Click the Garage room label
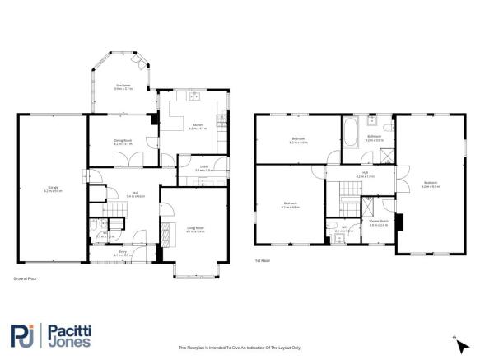(53, 189)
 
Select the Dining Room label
(123, 143)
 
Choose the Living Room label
(195, 231)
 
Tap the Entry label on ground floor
(123, 253)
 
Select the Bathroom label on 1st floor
(375, 138)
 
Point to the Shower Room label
(378, 222)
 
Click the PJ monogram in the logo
(21, 334)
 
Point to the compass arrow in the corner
(455, 339)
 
